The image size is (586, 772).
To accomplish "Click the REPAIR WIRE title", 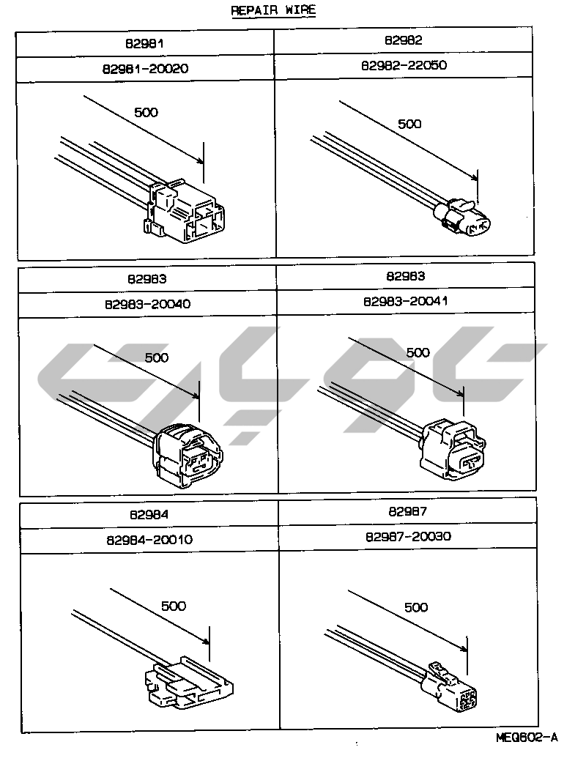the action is [x=273, y=11].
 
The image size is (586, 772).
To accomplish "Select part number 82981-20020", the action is [x=146, y=67].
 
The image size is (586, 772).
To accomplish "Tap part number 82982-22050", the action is [x=404, y=65].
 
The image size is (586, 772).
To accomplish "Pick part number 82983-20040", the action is [x=147, y=304].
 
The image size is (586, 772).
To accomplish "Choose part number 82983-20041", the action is [x=405, y=301].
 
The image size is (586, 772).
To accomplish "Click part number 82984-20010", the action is [x=149, y=540].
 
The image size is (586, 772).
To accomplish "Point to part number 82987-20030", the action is [x=407, y=536].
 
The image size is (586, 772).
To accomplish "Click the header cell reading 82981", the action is [x=146, y=43].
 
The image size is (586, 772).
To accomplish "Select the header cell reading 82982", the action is [x=404, y=41].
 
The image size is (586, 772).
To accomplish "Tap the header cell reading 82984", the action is [x=149, y=516].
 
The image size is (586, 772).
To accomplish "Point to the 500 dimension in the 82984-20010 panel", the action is [x=172, y=606].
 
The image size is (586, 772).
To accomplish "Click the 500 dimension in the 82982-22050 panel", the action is [x=409, y=124].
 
